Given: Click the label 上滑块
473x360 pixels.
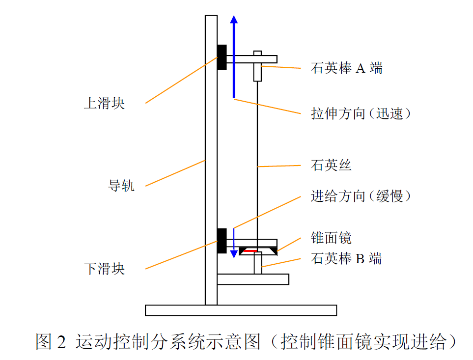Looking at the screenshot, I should [104, 104].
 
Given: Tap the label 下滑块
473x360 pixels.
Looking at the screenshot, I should [104, 269].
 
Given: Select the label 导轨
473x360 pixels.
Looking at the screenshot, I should [121, 186].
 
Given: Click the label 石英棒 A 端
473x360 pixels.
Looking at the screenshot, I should [346, 68].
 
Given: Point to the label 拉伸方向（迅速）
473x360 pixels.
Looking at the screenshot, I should [361, 113].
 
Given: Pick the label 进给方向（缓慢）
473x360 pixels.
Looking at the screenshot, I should [361, 196].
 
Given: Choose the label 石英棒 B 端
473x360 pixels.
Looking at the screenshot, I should [346, 258].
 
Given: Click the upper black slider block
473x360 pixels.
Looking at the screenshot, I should [222, 57].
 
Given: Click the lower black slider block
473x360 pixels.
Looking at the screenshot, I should [222, 241].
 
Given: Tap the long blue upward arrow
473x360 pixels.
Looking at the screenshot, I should [234, 56].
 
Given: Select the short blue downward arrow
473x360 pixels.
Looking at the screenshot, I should [234, 243].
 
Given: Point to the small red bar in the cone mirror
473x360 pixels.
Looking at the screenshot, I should [250, 251].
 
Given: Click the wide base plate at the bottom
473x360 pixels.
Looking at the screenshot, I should [241, 310].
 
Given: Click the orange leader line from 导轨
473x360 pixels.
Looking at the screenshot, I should [175, 173].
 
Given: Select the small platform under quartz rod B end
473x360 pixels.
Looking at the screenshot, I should [252, 279].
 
